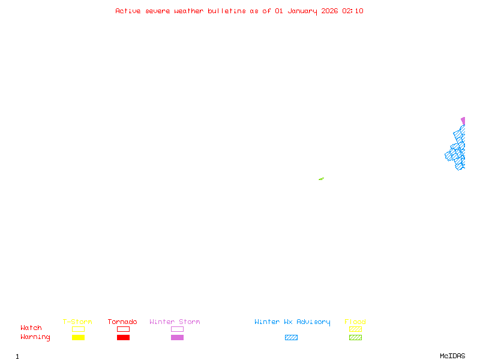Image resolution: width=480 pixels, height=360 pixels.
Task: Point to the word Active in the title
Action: (128, 11)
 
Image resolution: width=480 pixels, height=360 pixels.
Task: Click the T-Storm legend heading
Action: (77, 322)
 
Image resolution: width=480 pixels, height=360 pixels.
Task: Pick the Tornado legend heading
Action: (122, 322)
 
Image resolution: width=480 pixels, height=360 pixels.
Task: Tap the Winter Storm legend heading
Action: (175, 322)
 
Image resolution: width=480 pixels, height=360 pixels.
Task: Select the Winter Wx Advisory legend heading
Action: (292, 322)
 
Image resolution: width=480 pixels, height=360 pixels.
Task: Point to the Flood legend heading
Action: (355, 322)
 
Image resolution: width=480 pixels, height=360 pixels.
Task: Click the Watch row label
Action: (31, 328)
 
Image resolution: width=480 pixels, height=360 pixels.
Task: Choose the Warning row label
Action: (35, 337)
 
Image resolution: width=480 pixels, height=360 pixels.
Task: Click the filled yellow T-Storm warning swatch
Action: (78, 338)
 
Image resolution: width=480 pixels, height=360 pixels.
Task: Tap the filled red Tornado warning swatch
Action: (123, 338)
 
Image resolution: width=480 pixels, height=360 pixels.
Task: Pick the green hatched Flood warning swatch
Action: (355, 338)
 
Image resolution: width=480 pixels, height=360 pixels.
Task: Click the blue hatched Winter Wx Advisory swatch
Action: (291, 338)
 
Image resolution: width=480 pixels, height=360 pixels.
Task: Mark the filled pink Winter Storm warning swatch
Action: (177, 338)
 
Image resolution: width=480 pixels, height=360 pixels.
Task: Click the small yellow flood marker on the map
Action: (321, 179)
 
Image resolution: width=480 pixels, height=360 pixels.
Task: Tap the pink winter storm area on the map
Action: (463, 121)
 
